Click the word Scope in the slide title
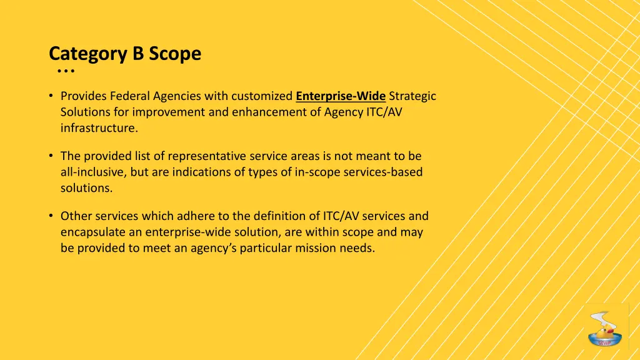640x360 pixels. pyautogui.click(x=175, y=54)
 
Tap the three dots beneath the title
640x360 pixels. pyautogui.click(x=65, y=72)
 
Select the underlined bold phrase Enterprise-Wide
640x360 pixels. pyautogui.click(x=341, y=96)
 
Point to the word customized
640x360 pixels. pyautogui.click(x=262, y=96)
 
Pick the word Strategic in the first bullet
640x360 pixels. pyautogui.click(x=412, y=96)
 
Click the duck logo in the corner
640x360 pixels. pyautogui.click(x=605, y=326)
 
